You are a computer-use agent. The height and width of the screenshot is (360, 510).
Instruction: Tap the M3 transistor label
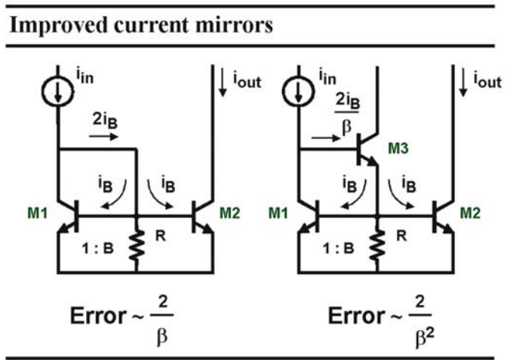(x=398, y=149)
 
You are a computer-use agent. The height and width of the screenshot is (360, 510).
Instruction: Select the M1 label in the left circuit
(x=38, y=213)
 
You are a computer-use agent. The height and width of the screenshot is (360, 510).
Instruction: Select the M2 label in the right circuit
(x=470, y=213)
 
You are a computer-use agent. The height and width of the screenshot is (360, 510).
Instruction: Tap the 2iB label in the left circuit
(x=105, y=121)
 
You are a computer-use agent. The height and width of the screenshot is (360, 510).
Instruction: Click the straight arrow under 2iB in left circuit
(x=103, y=137)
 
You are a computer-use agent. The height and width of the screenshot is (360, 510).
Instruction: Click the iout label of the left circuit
(x=247, y=80)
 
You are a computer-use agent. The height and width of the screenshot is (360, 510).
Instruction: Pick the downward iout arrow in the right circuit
(x=462, y=82)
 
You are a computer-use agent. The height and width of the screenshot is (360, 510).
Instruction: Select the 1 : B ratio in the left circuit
(x=97, y=249)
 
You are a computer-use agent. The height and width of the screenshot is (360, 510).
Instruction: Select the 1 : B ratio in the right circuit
(x=338, y=249)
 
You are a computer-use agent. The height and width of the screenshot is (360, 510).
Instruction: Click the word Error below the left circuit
(x=98, y=315)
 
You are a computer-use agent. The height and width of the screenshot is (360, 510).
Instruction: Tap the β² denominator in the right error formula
(x=425, y=337)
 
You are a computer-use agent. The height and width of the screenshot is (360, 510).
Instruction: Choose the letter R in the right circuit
(x=401, y=235)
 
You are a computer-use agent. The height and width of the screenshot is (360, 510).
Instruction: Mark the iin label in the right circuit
(x=327, y=77)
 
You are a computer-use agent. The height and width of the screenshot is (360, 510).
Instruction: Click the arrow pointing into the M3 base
(x=326, y=138)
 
